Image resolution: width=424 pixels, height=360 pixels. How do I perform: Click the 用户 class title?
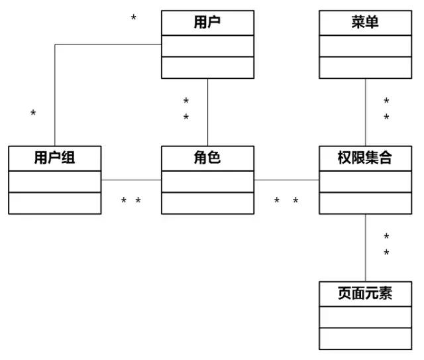click(x=207, y=23)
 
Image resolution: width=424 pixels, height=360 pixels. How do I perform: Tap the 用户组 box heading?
click(x=55, y=158)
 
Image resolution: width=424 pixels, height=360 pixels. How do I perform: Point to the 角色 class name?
click(x=207, y=158)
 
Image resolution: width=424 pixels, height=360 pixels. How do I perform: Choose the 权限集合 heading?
click(x=365, y=158)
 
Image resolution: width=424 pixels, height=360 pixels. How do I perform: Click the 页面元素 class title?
click(x=365, y=294)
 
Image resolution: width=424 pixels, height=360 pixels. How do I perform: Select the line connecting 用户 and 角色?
click(x=208, y=112)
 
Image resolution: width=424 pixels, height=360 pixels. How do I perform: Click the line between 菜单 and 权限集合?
click(x=365, y=112)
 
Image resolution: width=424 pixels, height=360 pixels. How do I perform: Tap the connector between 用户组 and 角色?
click(x=131, y=180)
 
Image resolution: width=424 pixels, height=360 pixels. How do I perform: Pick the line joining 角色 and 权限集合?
click(x=286, y=180)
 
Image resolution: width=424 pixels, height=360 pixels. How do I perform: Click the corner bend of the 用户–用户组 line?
click(x=55, y=45)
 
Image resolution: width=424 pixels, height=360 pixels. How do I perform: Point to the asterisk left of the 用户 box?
click(x=134, y=18)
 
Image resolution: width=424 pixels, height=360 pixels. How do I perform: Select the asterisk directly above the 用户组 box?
click(x=33, y=114)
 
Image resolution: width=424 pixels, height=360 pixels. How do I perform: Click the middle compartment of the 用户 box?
click(x=207, y=46)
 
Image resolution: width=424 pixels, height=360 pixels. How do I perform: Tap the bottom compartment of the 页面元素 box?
click(x=365, y=338)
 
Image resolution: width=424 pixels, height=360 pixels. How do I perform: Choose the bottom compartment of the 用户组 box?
click(x=55, y=203)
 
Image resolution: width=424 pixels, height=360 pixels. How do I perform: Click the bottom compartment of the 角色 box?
click(x=207, y=203)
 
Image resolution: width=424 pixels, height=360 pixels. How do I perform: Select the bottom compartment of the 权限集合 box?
click(x=365, y=203)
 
